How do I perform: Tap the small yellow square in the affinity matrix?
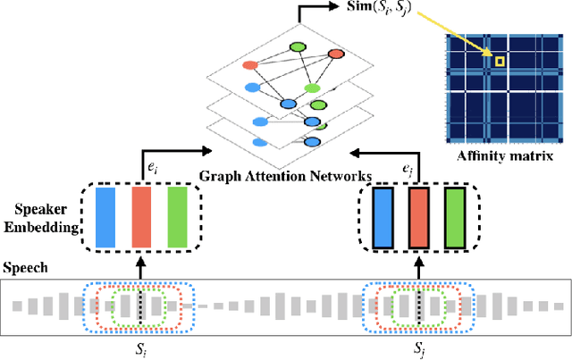tap(500, 62)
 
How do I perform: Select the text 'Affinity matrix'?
tap(503, 155)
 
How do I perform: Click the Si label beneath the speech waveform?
tap(140, 347)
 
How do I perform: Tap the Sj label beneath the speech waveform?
tap(418, 347)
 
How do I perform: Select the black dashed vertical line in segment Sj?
tap(418, 306)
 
